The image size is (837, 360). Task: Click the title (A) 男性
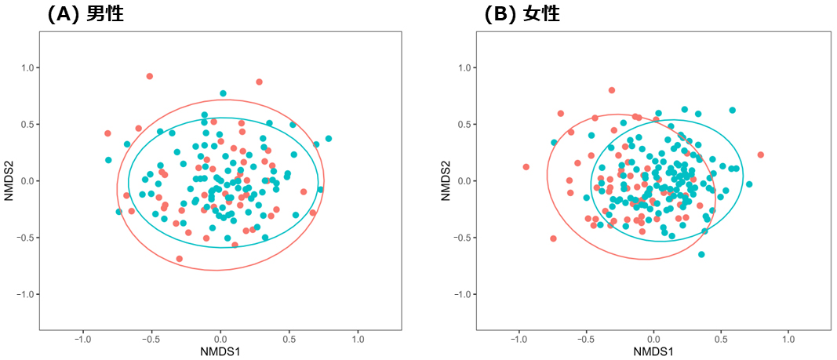(86, 13)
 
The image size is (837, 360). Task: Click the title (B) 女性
(522, 13)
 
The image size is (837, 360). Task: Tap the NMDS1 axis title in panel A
(220, 351)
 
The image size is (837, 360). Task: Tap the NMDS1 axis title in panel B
(653, 351)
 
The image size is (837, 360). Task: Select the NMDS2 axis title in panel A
(9, 180)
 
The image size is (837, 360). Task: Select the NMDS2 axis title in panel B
(445, 180)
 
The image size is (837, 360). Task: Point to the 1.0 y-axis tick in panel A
(28, 68)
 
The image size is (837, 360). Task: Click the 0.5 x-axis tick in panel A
(289, 340)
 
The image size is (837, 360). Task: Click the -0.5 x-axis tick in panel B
(585, 340)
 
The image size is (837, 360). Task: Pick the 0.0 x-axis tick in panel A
(220, 340)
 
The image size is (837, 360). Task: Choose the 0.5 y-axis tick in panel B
(464, 125)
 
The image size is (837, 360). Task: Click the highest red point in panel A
(149, 76)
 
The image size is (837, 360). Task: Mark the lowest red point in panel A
(180, 259)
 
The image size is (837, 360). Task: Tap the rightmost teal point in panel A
(329, 139)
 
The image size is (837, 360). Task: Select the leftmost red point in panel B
(526, 167)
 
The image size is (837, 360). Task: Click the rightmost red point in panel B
(760, 155)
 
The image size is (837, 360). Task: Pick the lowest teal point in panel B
(701, 254)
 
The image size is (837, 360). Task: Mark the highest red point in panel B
(612, 90)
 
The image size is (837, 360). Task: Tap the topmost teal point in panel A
(223, 93)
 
